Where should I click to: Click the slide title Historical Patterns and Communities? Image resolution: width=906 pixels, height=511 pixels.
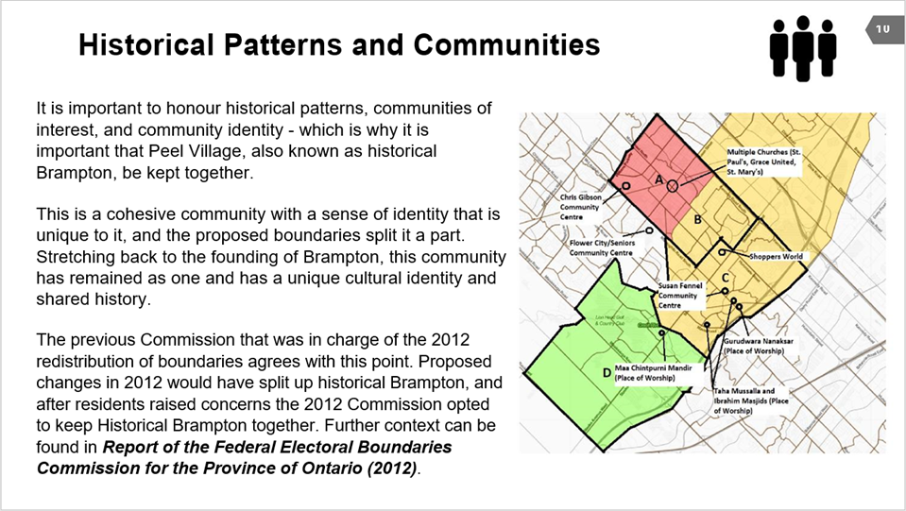[x=339, y=44]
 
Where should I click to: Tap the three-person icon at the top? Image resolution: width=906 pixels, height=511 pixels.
[x=803, y=47]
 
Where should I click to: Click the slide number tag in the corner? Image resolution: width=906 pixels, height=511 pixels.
[x=883, y=30]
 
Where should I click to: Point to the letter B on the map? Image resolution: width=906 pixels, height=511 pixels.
[x=697, y=219]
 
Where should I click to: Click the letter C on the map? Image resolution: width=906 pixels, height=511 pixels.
[x=725, y=277]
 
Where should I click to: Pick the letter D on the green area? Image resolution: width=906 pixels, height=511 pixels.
[x=606, y=371]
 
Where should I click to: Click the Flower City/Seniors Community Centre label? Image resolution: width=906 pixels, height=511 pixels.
[x=601, y=248]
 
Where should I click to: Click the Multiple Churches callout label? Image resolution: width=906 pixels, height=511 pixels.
[x=764, y=162]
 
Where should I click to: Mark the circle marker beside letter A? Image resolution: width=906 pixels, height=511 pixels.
[x=673, y=187]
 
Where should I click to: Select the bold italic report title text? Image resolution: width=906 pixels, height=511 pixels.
[x=244, y=457]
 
